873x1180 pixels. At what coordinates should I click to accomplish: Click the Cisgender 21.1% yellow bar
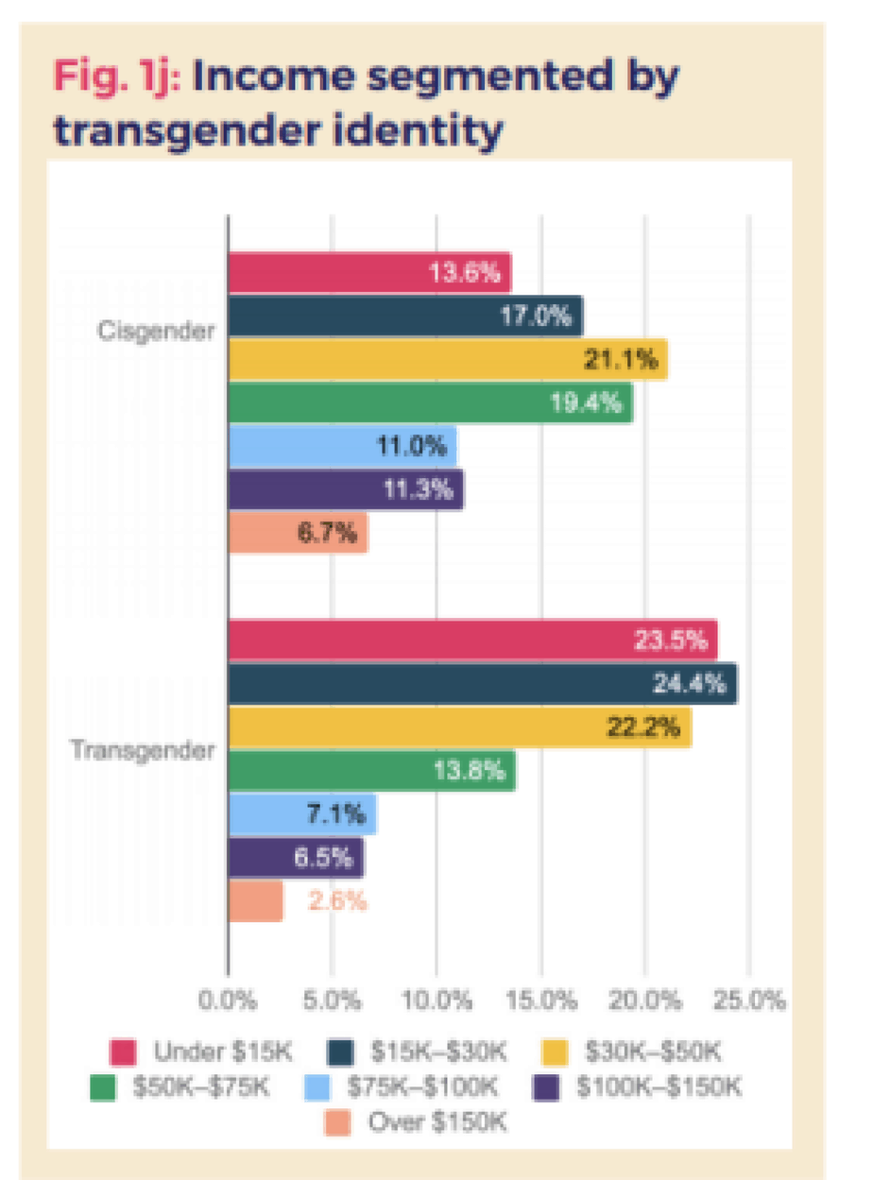click(x=448, y=360)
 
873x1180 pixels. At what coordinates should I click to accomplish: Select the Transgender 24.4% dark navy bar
click(x=483, y=683)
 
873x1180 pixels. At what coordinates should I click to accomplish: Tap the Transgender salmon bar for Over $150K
click(x=256, y=901)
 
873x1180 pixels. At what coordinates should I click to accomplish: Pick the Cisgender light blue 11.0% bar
click(x=343, y=447)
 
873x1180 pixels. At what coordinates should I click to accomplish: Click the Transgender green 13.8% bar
click(x=372, y=771)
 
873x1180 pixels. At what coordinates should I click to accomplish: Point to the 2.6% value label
click(x=337, y=901)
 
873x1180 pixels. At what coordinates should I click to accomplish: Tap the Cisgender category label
click(x=156, y=332)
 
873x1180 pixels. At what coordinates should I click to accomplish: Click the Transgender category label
click(x=144, y=752)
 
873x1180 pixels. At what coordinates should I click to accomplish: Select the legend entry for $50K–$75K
click(x=183, y=1086)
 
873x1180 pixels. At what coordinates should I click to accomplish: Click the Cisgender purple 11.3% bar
click(x=346, y=490)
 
